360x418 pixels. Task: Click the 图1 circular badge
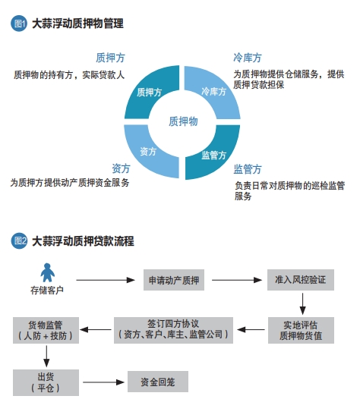(x=19, y=24)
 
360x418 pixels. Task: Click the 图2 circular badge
(x=19, y=240)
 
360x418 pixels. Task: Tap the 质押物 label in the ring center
(x=183, y=121)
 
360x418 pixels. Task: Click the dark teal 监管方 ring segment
(x=217, y=155)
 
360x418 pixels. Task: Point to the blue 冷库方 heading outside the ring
(x=248, y=58)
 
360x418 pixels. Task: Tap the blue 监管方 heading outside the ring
(x=248, y=169)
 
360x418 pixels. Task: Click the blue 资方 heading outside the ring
(x=121, y=168)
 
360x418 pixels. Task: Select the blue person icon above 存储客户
(x=48, y=272)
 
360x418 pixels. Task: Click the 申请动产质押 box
(x=174, y=280)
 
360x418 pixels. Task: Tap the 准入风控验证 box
(x=301, y=280)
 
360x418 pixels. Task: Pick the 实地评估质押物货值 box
(x=301, y=330)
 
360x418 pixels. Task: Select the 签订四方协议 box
(x=173, y=330)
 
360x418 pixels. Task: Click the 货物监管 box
(x=46, y=330)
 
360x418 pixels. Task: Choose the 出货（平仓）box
(x=46, y=382)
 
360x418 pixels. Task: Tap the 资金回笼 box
(x=158, y=382)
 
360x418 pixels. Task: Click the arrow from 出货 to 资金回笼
(x=103, y=382)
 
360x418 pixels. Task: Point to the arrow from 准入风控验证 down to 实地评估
(x=302, y=304)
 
